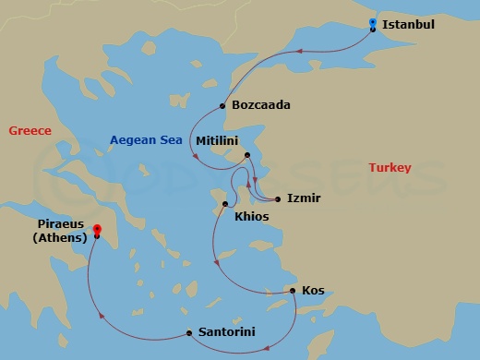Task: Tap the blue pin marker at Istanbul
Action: pos(372,23)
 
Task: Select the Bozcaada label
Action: pos(261,105)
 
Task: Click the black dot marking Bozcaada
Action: pos(223,105)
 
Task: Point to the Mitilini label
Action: pos(218,140)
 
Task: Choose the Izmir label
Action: pos(304,198)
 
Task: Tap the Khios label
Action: pos(251,217)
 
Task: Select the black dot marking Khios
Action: pos(224,204)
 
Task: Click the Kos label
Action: pos(312,291)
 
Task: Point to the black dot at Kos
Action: pos(293,291)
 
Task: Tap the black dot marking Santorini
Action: pos(189,332)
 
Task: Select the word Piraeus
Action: pos(62,224)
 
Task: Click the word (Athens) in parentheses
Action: pos(60,237)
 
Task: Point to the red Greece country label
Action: pos(30,131)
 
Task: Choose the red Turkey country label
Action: pos(390,168)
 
